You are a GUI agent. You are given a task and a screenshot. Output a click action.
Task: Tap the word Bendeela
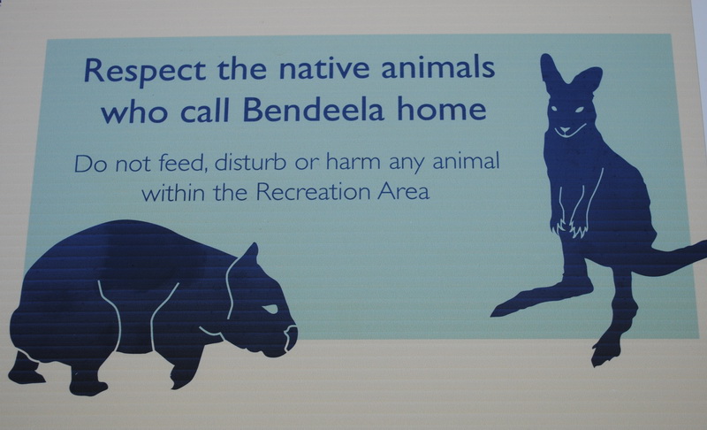[x=314, y=110]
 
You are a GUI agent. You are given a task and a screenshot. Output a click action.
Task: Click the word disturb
[x=250, y=162]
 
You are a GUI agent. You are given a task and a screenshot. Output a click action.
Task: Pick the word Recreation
[x=314, y=192]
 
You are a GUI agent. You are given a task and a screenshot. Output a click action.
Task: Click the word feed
[x=183, y=163]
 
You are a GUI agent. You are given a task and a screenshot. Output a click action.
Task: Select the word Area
[x=404, y=192]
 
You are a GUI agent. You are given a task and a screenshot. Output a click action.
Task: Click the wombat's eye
[x=270, y=309]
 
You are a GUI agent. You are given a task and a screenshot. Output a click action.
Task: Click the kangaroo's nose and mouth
[x=565, y=132]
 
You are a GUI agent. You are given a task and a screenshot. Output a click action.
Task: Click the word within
[x=175, y=193]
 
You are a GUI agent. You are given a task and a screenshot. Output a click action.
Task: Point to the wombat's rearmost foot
[x=26, y=372]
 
